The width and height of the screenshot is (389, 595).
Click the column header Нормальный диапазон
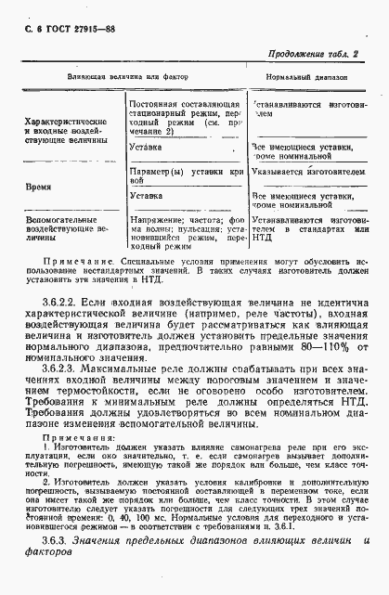[302, 76]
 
